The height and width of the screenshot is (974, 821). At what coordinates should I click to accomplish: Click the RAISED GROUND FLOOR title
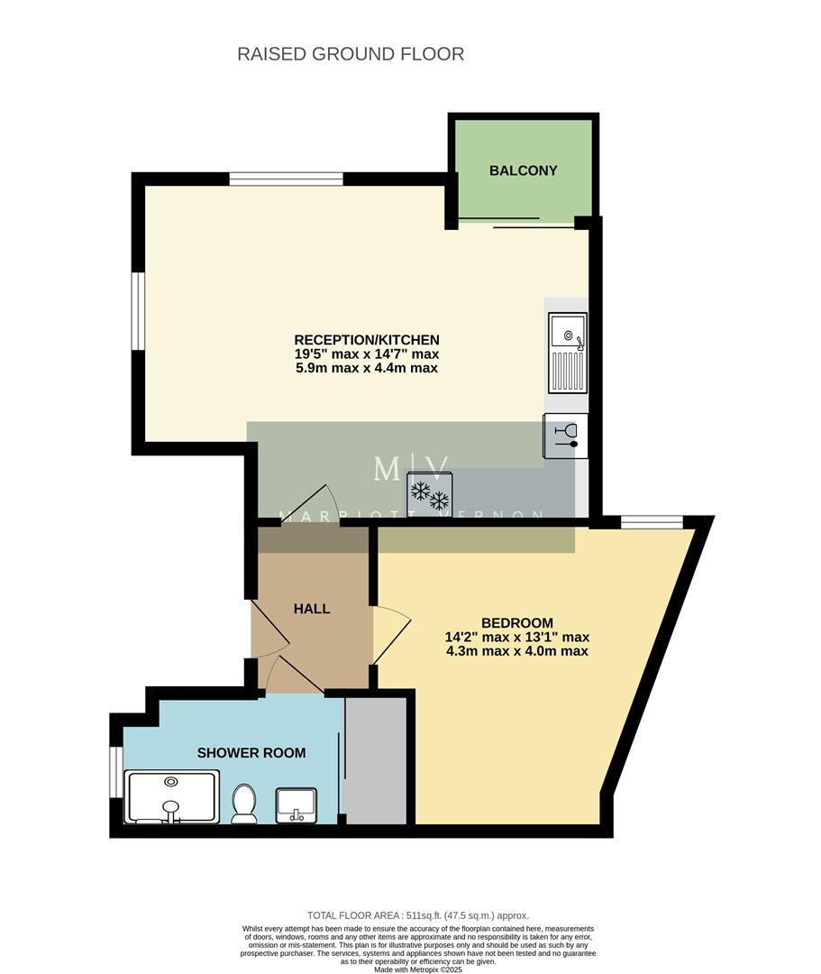point(351,54)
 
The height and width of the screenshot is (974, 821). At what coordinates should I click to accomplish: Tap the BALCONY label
point(523,170)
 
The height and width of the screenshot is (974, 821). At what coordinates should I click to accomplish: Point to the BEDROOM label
point(516,622)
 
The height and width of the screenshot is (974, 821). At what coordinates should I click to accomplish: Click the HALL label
point(312,609)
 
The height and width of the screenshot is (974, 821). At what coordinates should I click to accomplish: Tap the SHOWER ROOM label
point(251,753)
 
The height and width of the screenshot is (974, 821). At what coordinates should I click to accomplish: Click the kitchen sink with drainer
point(568,353)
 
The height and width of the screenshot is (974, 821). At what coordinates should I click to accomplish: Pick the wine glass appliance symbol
point(566,436)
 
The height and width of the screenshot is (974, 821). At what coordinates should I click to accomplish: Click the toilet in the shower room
point(244,803)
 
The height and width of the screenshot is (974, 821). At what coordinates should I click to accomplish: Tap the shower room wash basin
point(296,802)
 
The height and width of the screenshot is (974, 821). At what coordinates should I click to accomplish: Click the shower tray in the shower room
point(171,797)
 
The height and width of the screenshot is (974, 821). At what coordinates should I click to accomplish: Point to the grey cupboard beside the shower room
point(376,759)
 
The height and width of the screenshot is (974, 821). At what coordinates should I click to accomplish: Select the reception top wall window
point(286,179)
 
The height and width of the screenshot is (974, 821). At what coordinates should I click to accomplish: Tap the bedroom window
point(652,521)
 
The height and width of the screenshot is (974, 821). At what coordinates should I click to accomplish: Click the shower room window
point(115,772)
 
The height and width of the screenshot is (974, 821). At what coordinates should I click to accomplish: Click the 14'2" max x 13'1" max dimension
point(516,637)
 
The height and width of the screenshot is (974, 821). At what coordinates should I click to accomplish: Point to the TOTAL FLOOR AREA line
point(417,914)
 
